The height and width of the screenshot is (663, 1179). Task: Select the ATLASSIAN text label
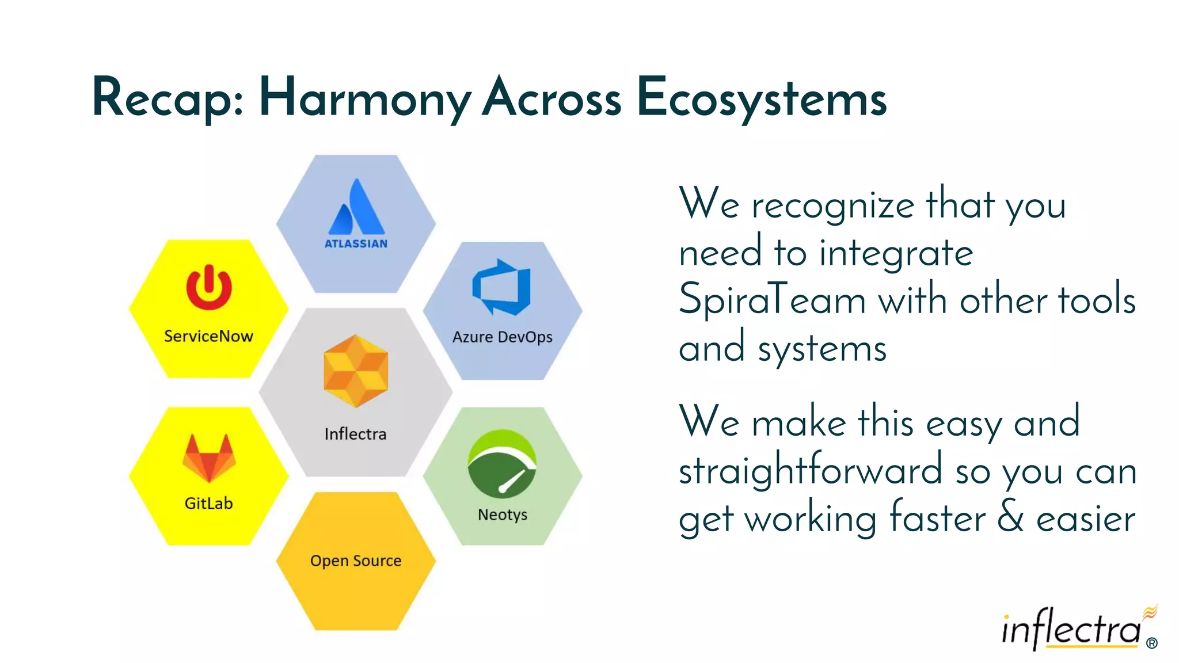tap(356, 244)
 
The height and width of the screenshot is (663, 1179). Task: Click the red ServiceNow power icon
tap(209, 288)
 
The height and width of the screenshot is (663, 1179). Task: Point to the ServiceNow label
tap(208, 336)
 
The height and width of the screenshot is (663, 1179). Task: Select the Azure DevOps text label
tap(502, 337)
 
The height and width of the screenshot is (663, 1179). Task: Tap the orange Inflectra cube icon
tap(356, 371)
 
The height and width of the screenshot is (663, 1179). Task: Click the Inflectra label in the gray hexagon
tap(355, 434)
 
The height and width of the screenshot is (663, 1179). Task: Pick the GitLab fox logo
tap(208, 458)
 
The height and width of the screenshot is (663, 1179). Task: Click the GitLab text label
tap(208, 504)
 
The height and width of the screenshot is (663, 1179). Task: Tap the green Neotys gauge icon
tap(502, 463)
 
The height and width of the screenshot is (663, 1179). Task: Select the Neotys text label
tap(502, 515)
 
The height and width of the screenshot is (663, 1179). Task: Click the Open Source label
tap(356, 561)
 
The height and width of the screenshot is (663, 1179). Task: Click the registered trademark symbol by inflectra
tap(1151, 643)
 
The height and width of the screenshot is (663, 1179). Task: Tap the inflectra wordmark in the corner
tap(1071, 630)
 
